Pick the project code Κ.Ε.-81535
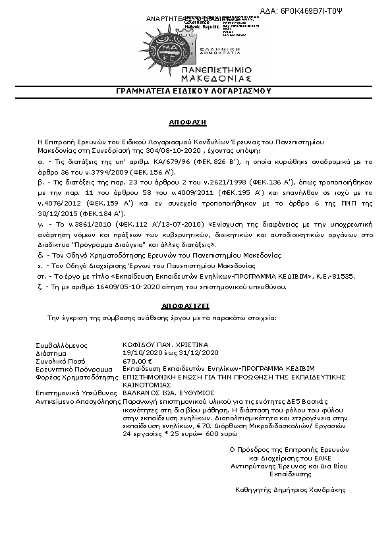click(x=337, y=277)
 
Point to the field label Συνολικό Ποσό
click(x=57, y=360)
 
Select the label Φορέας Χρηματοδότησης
click(x=71, y=377)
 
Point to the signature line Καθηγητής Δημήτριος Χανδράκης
click(x=290, y=489)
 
